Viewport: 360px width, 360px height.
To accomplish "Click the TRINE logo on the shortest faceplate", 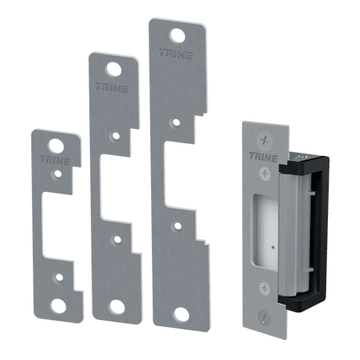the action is pyautogui.click(x=55, y=160).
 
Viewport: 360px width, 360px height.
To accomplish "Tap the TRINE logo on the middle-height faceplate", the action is pyautogui.click(x=112, y=87).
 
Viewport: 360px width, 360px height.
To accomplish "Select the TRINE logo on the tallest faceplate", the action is pyautogui.click(x=176, y=54).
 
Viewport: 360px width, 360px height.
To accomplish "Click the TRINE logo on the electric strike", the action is pyautogui.click(x=263, y=157).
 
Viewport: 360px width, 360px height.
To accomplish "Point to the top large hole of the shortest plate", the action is pyautogui.click(x=56, y=146).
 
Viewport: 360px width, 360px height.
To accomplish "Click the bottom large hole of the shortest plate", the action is pyautogui.click(x=59, y=305).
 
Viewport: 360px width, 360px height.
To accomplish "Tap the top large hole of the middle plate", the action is pyautogui.click(x=113, y=70).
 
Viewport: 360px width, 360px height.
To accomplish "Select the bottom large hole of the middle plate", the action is pyautogui.click(x=117, y=307).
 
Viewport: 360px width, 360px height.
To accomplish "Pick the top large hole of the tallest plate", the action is pyautogui.click(x=178, y=35).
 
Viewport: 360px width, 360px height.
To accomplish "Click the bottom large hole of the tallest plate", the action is pyautogui.click(x=182, y=315).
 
